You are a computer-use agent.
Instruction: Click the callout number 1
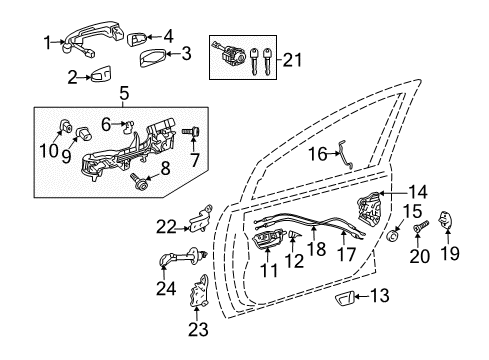(x=46, y=41)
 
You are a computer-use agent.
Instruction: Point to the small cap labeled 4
(x=137, y=38)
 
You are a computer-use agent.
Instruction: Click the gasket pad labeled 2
(x=102, y=73)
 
